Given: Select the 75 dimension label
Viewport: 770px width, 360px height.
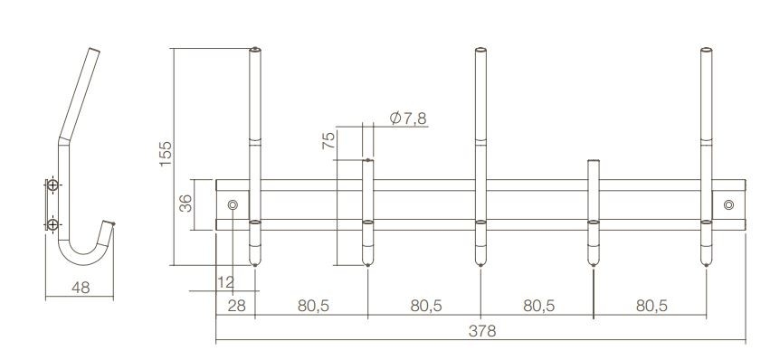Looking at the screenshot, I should click(x=328, y=139).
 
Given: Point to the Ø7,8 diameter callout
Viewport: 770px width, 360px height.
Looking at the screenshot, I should click(x=410, y=118).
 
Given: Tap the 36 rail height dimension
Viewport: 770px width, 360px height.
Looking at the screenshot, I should click(x=185, y=204).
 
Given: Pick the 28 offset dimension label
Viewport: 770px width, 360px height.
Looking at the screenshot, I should click(x=236, y=307).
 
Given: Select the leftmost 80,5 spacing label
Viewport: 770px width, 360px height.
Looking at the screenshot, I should click(x=312, y=307).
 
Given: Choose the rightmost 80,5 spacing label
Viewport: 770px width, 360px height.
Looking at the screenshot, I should click(x=651, y=307).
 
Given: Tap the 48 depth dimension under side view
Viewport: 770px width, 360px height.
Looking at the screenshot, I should click(x=81, y=287).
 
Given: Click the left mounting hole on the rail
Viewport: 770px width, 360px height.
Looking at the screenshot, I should click(x=233, y=205).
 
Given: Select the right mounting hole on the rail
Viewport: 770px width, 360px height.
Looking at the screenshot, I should click(x=728, y=205).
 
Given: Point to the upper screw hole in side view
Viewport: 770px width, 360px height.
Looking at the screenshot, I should click(x=53, y=186).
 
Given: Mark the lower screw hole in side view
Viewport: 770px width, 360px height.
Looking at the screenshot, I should click(x=53, y=223).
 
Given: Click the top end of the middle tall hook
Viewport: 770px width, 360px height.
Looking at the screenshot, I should click(x=480, y=51).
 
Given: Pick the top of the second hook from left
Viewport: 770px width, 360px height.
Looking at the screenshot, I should click(x=367, y=161).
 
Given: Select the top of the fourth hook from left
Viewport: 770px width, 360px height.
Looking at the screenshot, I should click(x=593, y=163).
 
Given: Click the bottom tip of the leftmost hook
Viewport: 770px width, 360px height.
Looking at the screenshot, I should click(x=255, y=263).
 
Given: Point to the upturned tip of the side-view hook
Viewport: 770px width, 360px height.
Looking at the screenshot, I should click(x=113, y=222).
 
